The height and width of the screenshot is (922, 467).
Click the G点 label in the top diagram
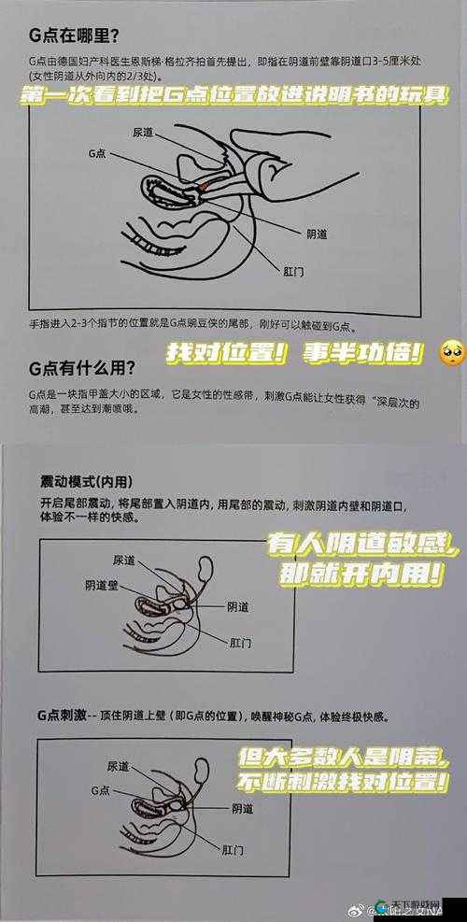click(99, 153)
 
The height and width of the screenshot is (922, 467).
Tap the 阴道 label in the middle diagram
click(238, 580)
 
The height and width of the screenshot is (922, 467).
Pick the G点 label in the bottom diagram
click(102, 789)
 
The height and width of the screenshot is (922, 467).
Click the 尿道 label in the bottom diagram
click(118, 766)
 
